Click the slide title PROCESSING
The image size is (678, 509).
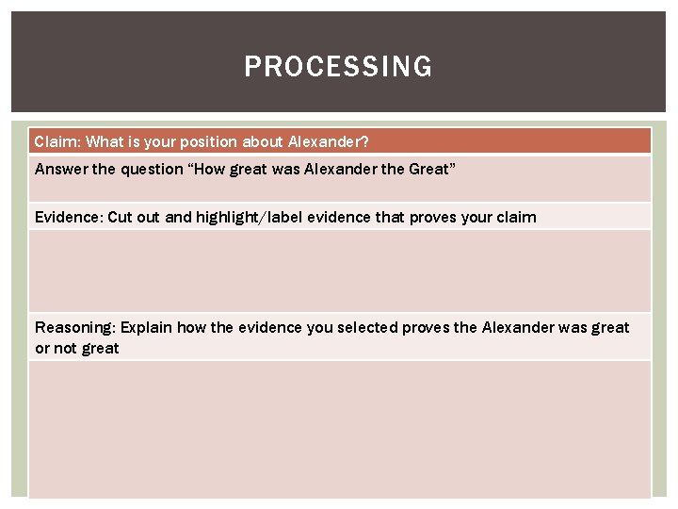click(x=338, y=67)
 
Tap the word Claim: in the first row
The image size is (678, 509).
click(x=57, y=141)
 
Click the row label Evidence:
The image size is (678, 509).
click(x=69, y=217)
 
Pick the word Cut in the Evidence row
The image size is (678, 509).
click(x=121, y=217)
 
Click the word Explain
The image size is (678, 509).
click(x=149, y=327)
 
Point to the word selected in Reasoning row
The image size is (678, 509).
click(x=367, y=327)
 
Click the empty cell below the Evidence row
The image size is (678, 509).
click(x=339, y=271)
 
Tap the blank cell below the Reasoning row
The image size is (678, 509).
click(x=339, y=429)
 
